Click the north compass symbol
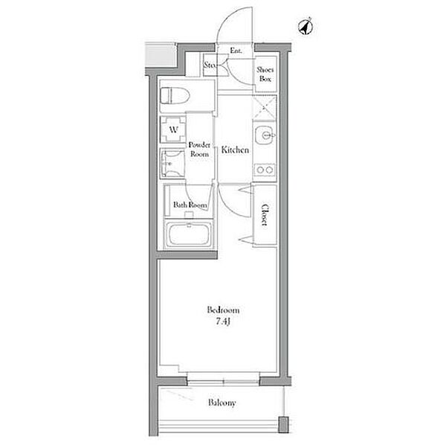(306, 27)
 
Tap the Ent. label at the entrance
(236, 51)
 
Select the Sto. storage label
(210, 65)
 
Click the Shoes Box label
(265, 74)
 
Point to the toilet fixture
(175, 95)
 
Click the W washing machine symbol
(173, 129)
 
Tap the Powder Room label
(199, 150)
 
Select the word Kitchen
(235, 150)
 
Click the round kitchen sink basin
(264, 135)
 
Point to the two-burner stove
(265, 170)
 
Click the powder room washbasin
(172, 164)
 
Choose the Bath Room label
(190, 205)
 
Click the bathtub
(190, 234)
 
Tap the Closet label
(265, 214)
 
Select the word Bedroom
(223, 310)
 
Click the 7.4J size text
(222, 321)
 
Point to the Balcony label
(222, 403)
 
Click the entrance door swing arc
(230, 22)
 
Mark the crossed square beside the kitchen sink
(265, 107)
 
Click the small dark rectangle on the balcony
(283, 424)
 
